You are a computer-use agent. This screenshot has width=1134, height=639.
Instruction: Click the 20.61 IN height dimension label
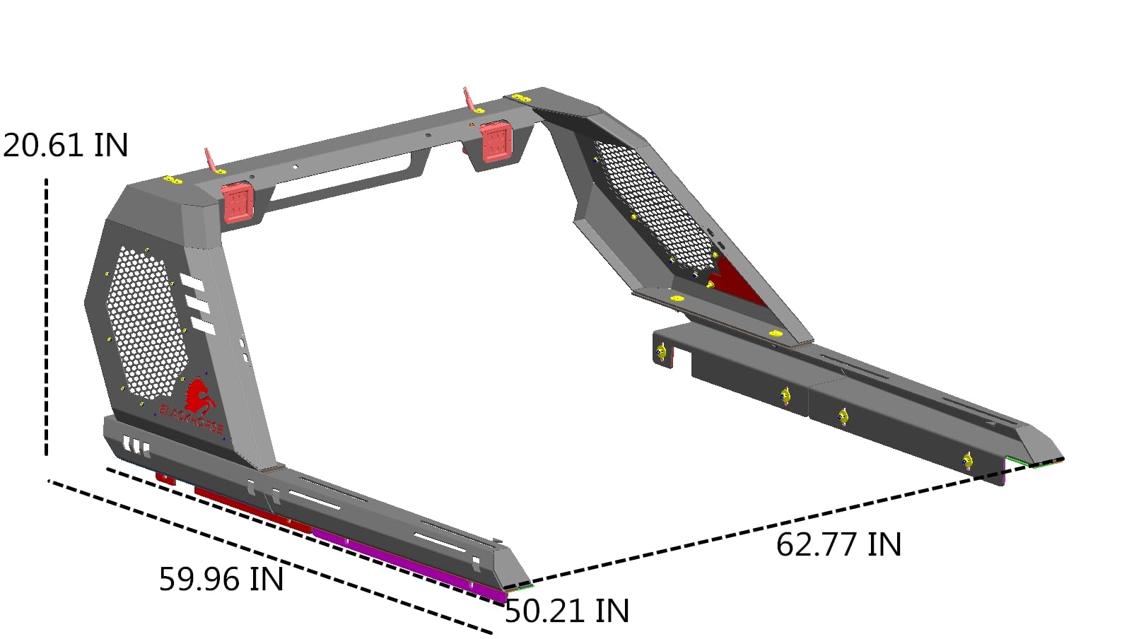65,145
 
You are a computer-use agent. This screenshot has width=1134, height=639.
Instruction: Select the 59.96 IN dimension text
221,579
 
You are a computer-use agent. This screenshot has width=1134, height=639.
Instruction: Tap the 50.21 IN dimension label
567,611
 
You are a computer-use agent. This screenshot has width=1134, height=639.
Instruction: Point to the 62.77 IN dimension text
839,545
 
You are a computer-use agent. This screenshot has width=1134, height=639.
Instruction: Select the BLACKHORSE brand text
192,419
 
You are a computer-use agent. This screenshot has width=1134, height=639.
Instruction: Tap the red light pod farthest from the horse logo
496,141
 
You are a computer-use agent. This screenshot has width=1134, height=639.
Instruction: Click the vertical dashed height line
47,317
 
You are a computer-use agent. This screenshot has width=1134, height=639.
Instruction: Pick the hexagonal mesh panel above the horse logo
146,322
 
